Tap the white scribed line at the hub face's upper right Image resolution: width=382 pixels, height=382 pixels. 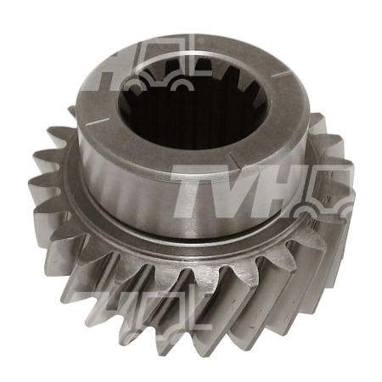tap(283, 74)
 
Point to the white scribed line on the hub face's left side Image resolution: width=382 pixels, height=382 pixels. tap(98, 121)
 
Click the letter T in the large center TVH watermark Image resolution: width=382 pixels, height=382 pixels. tap(188, 189)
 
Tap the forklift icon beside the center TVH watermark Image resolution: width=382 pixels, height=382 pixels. tap(325, 195)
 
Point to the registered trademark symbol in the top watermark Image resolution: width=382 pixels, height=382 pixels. tap(201, 41)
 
